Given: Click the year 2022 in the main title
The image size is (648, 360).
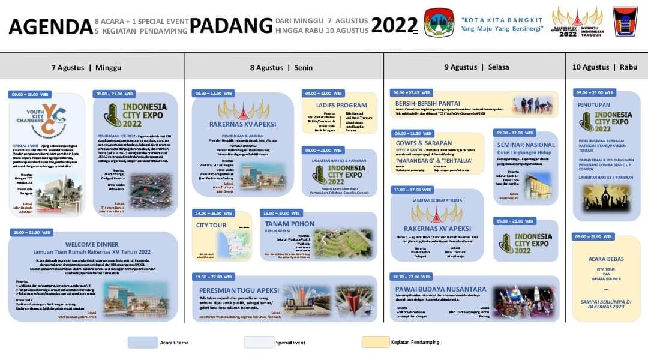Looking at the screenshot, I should click(394, 25).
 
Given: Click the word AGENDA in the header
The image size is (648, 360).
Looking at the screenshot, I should click(50, 26).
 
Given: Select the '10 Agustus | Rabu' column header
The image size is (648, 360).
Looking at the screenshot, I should click(604, 67).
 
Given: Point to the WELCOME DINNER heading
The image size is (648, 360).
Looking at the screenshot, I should click(93, 244).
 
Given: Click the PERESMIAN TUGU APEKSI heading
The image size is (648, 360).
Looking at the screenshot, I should click(239, 289).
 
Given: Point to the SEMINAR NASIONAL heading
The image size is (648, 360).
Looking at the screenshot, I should click(526, 145).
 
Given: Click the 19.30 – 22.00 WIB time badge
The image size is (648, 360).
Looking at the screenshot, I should click(213, 276).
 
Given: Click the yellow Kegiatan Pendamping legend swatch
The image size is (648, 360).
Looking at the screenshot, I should click(374, 342).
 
